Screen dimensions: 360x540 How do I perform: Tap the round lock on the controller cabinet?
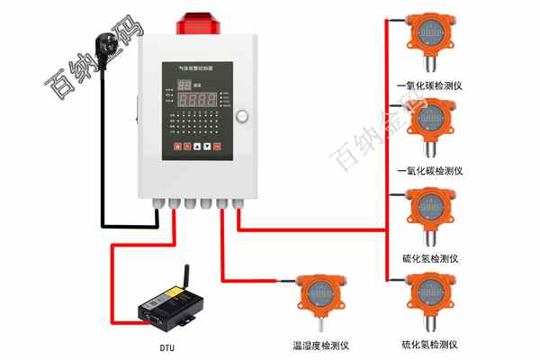(240, 116)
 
